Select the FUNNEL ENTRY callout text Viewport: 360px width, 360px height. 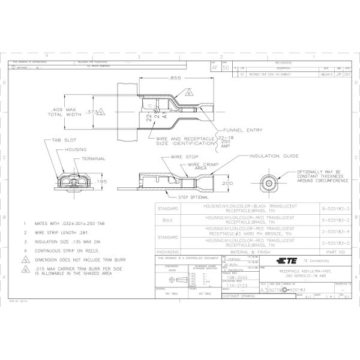[x=242, y=130]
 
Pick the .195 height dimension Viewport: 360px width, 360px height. [x=101, y=181]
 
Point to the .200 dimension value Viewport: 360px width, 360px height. [x=227, y=183]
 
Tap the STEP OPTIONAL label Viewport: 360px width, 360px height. [x=193, y=197]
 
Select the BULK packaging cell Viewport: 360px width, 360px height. [x=167, y=220]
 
